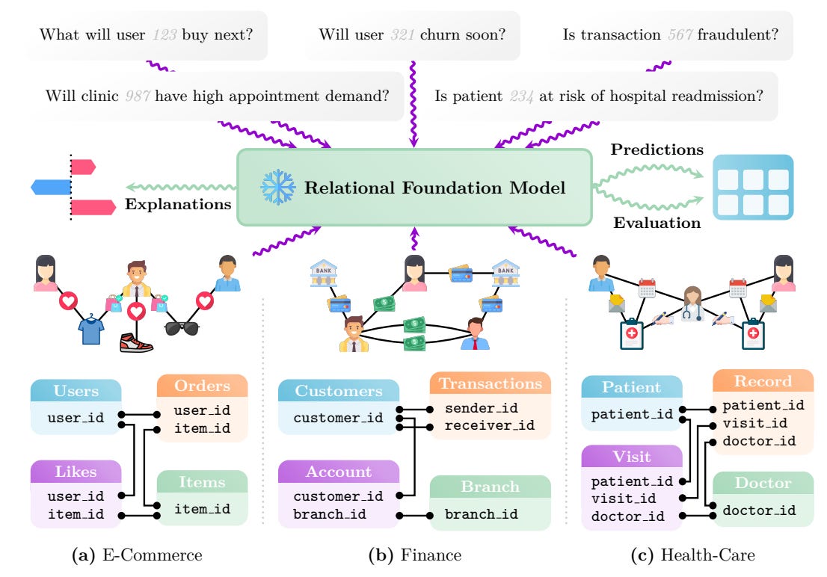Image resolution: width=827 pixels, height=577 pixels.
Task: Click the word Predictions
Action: click(657, 149)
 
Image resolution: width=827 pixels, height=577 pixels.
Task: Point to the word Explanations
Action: click(179, 203)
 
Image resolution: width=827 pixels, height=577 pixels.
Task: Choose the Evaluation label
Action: click(657, 222)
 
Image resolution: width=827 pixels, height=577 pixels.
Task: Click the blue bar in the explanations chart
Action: click(51, 186)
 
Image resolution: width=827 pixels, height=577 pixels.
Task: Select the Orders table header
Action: click(201, 386)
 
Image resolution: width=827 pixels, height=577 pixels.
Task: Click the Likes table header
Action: click(75, 472)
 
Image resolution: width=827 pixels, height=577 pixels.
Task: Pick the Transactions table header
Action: click(490, 383)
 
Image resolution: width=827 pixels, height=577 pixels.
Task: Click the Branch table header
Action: click(490, 487)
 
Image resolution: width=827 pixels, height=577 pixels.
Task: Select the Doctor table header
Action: click(762, 484)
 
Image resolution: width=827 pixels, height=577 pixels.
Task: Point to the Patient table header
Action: click(631, 387)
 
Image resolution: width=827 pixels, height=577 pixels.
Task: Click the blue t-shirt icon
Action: click(90, 330)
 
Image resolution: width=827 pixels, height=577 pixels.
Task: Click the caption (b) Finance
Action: click(414, 555)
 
